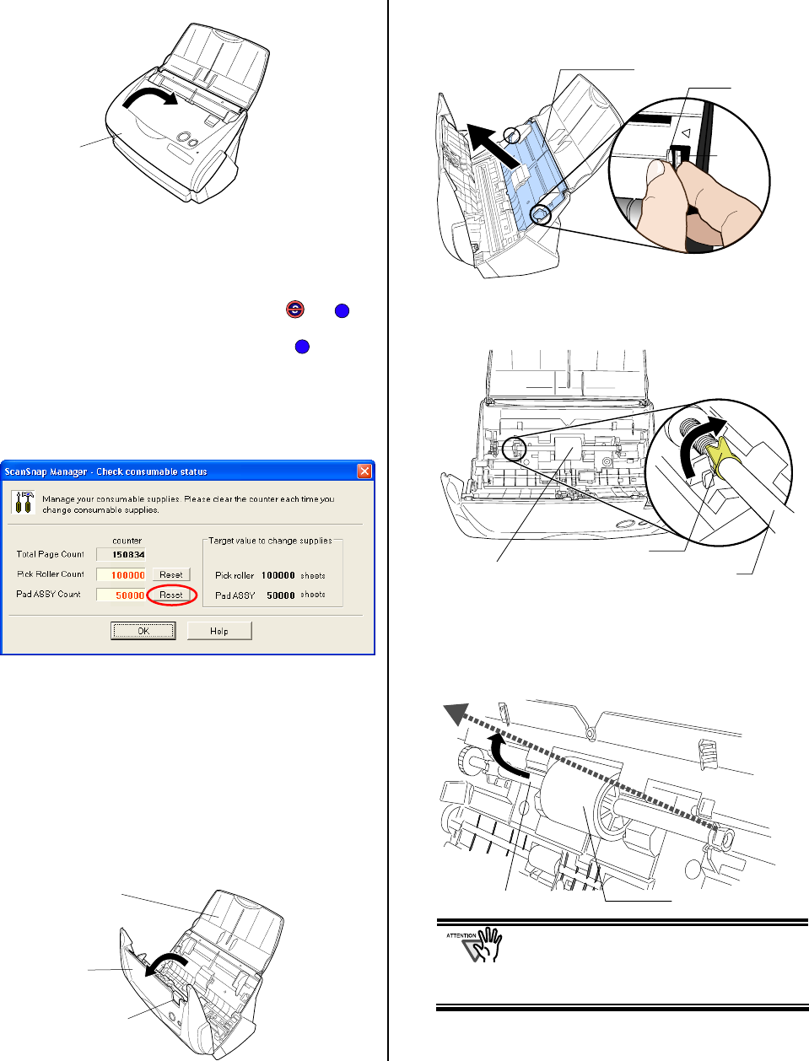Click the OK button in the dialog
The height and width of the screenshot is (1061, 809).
(x=143, y=631)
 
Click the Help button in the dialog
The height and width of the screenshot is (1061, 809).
(x=219, y=631)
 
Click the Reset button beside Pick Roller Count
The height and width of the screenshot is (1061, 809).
(x=171, y=574)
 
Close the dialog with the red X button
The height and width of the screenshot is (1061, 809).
(x=364, y=471)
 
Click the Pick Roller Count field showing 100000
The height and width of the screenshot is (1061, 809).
(x=121, y=575)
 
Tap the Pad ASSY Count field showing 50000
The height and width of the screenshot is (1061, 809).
(x=121, y=595)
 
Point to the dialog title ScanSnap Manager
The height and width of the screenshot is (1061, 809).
(x=105, y=471)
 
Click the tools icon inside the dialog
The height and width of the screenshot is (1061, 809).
(x=24, y=504)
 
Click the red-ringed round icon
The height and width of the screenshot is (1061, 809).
(x=295, y=310)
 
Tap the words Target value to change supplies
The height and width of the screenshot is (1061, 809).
(x=270, y=541)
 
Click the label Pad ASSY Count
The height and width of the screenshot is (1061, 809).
(x=49, y=595)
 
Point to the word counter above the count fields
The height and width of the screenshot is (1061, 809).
(x=127, y=541)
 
